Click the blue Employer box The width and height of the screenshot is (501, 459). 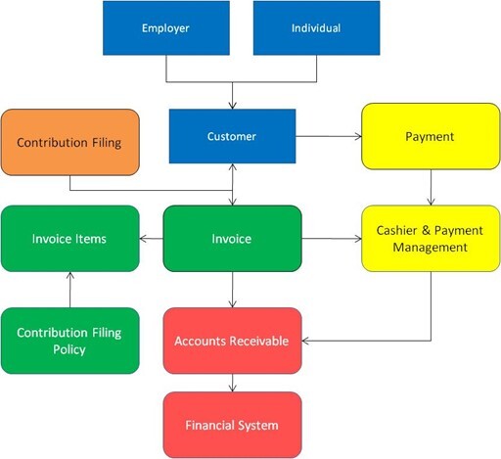point(166,28)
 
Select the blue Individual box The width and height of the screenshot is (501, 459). point(316,28)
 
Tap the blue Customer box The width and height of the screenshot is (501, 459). point(232,136)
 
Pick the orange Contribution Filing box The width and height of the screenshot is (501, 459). point(70,142)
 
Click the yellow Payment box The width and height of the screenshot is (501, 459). point(431,136)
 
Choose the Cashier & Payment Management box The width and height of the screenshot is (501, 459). point(431,239)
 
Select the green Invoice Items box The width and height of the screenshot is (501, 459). point(70,239)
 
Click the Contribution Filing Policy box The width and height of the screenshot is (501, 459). point(70,341)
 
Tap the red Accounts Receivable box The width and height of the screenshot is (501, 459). point(232,341)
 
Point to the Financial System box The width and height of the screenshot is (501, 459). point(232,425)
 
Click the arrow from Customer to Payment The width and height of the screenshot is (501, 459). point(329,136)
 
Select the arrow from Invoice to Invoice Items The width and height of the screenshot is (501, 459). point(152,239)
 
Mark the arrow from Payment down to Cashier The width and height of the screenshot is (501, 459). point(431,187)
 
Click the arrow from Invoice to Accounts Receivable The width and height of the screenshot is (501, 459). point(233,290)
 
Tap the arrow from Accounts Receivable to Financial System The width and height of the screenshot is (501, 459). point(233,383)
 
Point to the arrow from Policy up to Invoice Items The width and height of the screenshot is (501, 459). point(70,290)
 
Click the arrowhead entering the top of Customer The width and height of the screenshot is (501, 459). point(233,105)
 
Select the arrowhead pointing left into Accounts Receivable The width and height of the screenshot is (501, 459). point(306,341)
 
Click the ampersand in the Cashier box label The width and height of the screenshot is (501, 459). point(426,230)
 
